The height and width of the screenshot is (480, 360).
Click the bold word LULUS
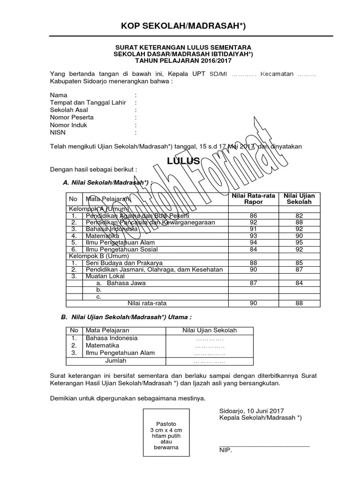point(184,161)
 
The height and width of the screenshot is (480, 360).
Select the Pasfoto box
point(166,432)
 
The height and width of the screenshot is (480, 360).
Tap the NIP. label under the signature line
point(225,450)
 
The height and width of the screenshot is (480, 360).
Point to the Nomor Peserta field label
point(72,118)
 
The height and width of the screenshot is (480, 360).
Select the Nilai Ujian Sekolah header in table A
point(299,199)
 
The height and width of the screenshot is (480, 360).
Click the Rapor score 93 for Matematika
point(254,236)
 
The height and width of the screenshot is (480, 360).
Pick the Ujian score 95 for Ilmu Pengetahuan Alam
point(299,243)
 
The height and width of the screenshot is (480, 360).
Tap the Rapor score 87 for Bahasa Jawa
point(254,283)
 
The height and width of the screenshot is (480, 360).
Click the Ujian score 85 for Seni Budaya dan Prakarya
point(299,263)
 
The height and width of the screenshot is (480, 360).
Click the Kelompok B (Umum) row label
point(96,256)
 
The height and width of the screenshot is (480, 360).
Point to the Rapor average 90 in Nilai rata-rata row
point(254,303)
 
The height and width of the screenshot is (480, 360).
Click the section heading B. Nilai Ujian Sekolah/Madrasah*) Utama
point(127,317)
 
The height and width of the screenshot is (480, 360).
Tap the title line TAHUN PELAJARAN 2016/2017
point(183,60)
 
